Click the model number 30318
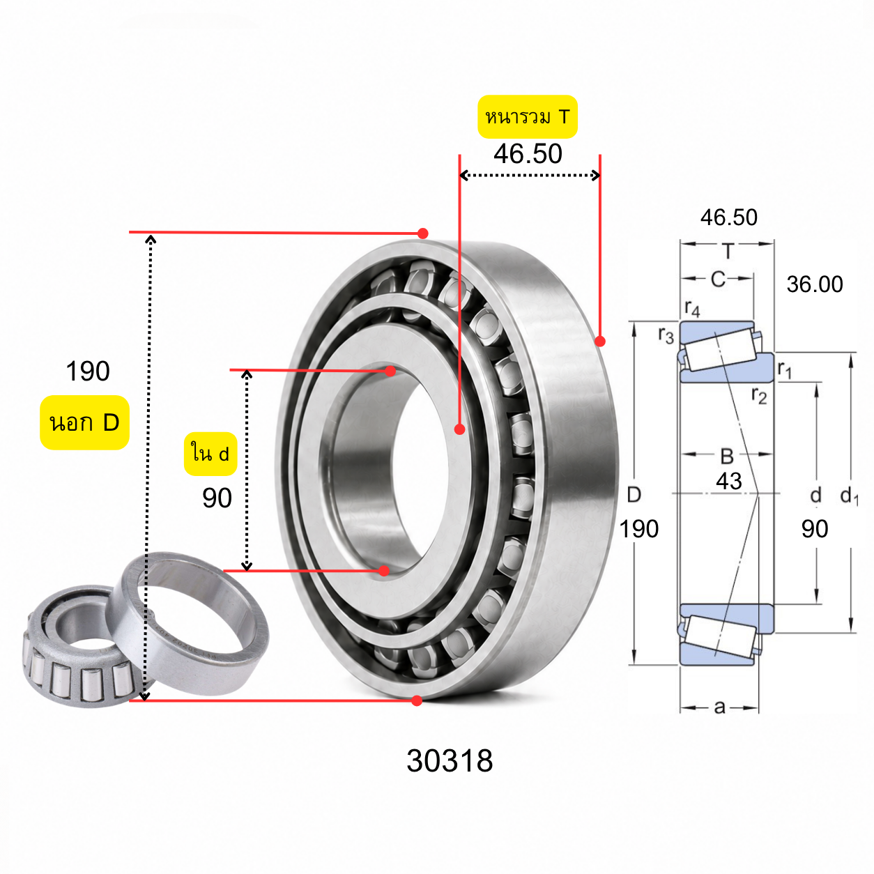click(449, 760)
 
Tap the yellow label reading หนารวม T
click(527, 116)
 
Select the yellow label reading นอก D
click(84, 422)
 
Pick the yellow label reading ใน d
click(210, 454)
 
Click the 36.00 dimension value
click(814, 284)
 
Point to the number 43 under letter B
click(728, 481)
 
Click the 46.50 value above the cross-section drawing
click(728, 217)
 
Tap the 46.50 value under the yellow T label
click(528, 154)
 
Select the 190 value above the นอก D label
click(88, 371)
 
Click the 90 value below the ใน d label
click(217, 498)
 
